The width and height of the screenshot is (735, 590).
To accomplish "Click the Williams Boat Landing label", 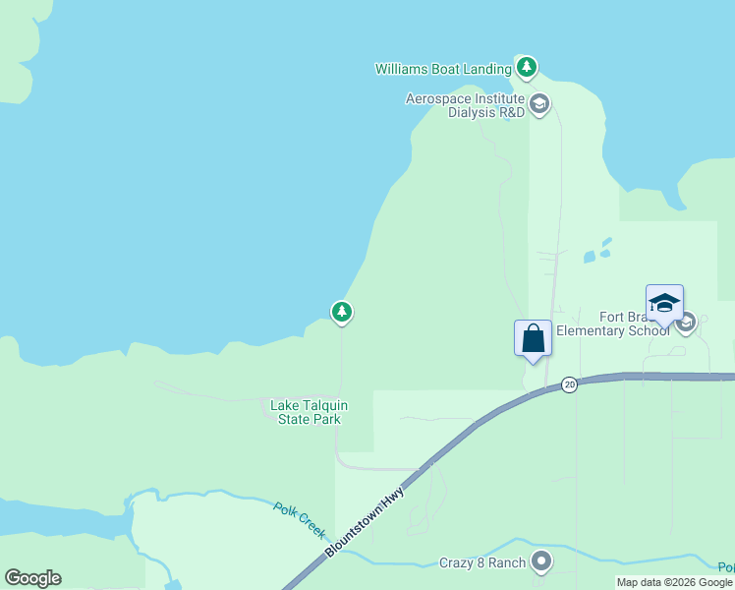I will coord(443,69).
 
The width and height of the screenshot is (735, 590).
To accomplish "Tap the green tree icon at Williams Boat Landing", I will coord(528,68).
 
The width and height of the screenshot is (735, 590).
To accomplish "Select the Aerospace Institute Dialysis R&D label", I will coord(466,105).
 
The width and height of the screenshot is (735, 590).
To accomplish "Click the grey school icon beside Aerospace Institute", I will coord(538,103).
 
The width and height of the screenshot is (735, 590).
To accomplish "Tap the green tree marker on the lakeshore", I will coord(341,313).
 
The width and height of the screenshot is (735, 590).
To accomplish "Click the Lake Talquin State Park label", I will coord(309,412).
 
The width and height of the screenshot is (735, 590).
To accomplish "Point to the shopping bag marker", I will coord(533,339).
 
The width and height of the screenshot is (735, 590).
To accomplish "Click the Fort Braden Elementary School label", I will coord(613,324).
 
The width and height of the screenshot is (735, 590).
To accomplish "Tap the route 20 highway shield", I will coord(569,384).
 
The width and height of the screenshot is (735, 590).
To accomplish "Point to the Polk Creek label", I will coord(300,519).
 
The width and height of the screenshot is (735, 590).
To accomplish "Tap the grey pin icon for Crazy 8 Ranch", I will coord(540,561).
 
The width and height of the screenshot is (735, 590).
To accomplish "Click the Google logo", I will coord(33,578).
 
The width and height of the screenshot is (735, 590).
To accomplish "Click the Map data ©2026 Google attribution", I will coord(674,582).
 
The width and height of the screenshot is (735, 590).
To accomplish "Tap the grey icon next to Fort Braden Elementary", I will coord(686,322).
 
